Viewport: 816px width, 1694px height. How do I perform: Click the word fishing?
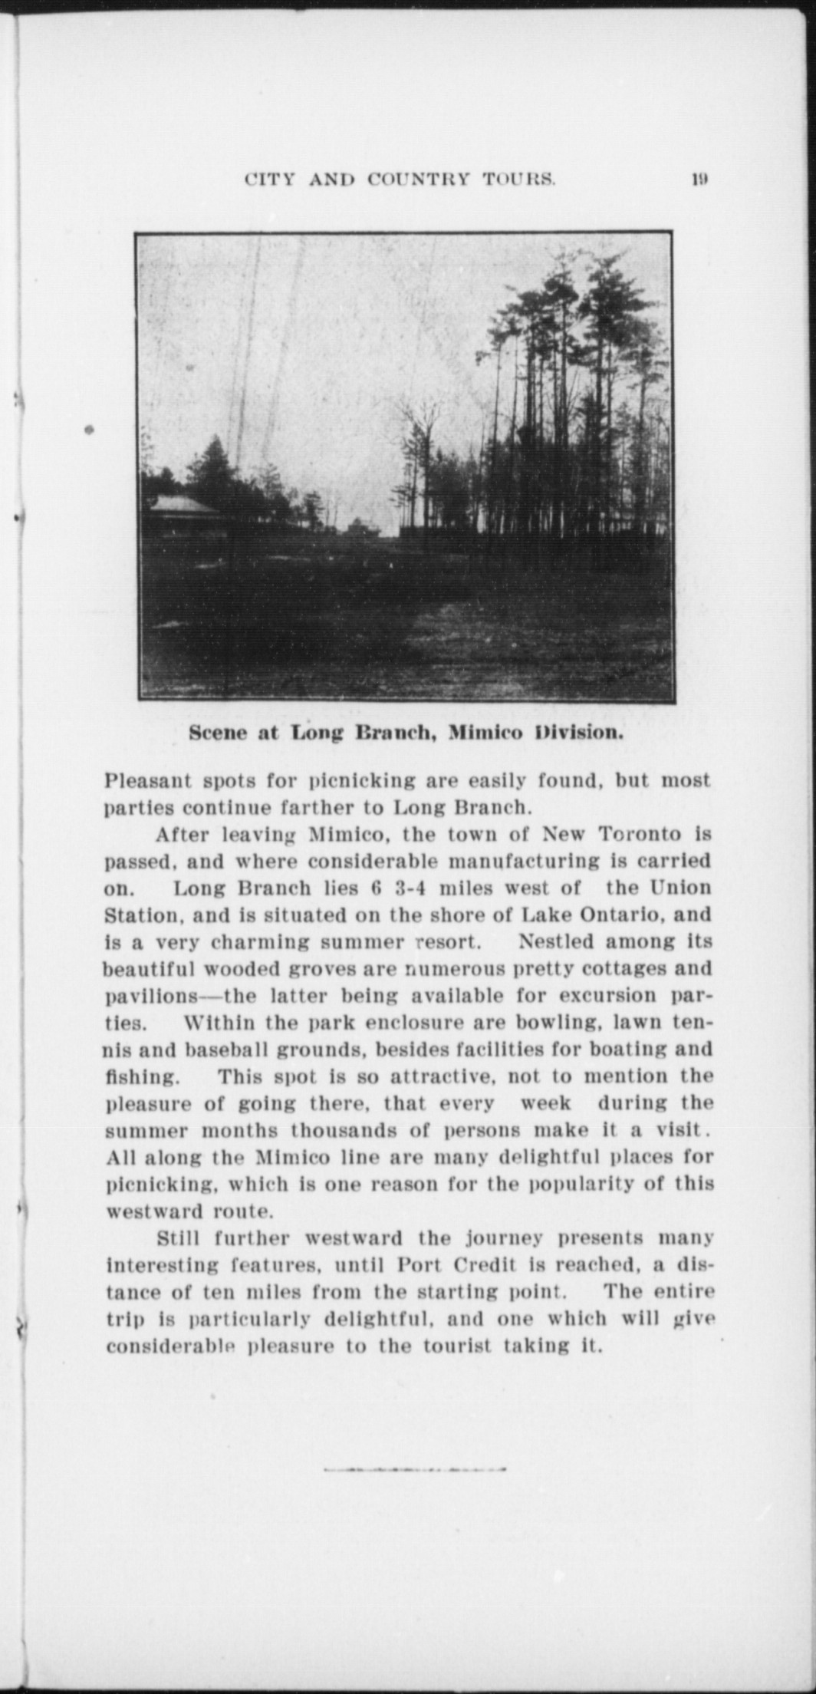[x=141, y=1076]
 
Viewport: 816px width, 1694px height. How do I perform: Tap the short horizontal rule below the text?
[x=414, y=1468]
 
